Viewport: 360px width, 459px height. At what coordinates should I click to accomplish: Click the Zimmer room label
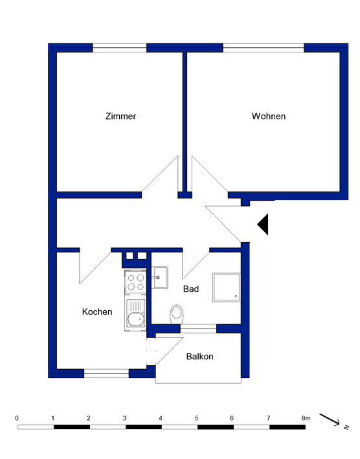point(120,117)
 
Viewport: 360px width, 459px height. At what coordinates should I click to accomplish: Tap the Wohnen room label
point(269,117)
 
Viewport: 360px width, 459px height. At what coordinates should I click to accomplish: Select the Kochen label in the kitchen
point(97,312)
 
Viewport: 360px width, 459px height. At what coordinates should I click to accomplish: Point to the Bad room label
point(191,289)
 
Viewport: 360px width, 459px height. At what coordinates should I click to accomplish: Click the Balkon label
point(199,357)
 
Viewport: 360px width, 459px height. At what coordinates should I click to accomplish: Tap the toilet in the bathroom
point(176,315)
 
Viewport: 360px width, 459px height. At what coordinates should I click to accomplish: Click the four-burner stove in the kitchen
point(136,282)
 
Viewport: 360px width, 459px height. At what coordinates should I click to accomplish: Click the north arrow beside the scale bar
point(337,421)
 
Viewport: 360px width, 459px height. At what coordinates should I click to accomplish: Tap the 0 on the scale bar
point(17,418)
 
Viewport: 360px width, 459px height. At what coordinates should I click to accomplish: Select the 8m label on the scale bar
point(305,418)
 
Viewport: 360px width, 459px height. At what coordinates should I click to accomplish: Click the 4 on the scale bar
point(161,418)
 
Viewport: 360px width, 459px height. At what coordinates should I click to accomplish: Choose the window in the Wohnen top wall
point(264,47)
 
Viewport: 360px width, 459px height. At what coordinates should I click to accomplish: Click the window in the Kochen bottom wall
point(106,373)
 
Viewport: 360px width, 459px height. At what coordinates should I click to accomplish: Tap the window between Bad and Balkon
point(198,329)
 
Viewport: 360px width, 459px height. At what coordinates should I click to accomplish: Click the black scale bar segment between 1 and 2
point(71,427)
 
